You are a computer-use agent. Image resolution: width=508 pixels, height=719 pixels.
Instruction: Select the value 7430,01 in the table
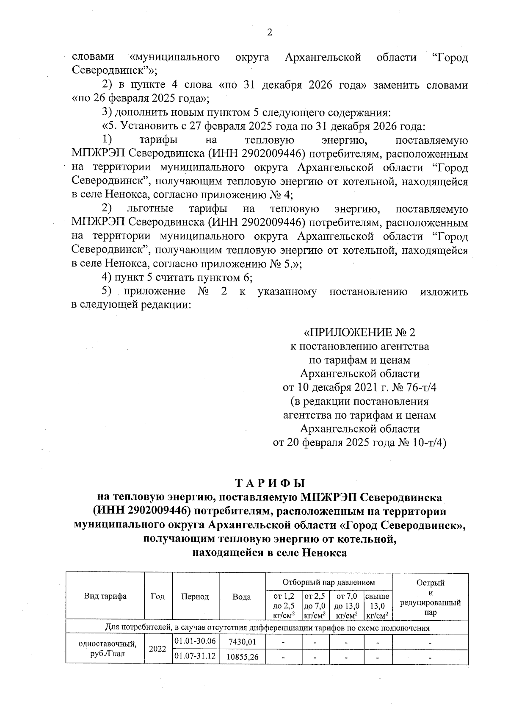coord(242,642)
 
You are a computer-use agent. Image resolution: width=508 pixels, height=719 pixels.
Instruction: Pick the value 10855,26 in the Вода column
coord(242,657)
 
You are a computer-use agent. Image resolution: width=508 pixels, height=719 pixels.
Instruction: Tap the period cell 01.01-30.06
coord(195,641)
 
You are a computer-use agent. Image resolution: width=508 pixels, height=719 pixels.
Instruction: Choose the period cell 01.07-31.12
coord(195,656)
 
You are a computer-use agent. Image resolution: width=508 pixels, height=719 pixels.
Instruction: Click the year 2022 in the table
coord(158,649)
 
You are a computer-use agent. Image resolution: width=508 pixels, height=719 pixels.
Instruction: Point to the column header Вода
coord(242,597)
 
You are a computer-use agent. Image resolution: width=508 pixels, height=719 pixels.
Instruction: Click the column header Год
coord(158,596)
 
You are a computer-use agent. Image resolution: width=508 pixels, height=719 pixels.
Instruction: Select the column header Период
coord(195,597)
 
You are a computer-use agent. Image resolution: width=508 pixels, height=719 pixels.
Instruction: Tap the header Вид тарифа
coord(105,596)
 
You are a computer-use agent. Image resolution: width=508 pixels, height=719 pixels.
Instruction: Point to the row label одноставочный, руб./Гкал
coord(105,649)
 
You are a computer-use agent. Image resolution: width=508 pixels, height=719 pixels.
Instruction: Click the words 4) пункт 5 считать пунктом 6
coord(177,278)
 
